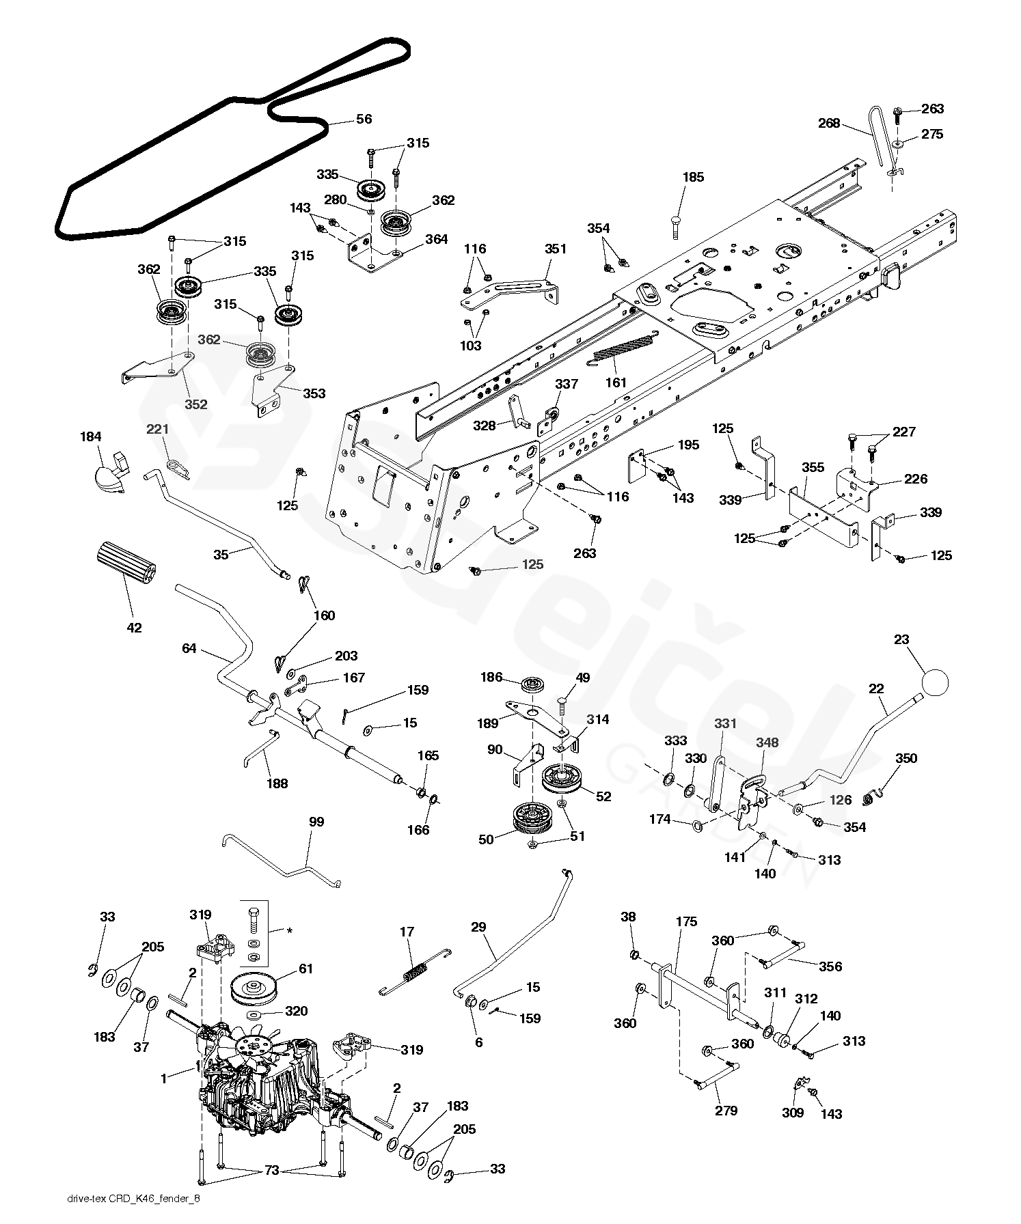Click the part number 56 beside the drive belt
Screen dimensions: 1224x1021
(x=364, y=120)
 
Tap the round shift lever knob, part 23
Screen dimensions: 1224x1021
(x=936, y=681)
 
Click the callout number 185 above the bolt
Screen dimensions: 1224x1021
(x=693, y=178)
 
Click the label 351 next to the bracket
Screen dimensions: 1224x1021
(x=556, y=249)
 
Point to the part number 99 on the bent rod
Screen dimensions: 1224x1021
(x=316, y=822)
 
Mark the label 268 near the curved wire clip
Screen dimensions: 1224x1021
(x=829, y=123)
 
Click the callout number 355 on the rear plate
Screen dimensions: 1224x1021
(x=813, y=468)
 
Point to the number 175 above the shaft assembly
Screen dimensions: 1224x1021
(x=686, y=922)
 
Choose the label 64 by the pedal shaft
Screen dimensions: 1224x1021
(x=189, y=648)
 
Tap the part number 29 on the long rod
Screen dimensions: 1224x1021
(x=478, y=927)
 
